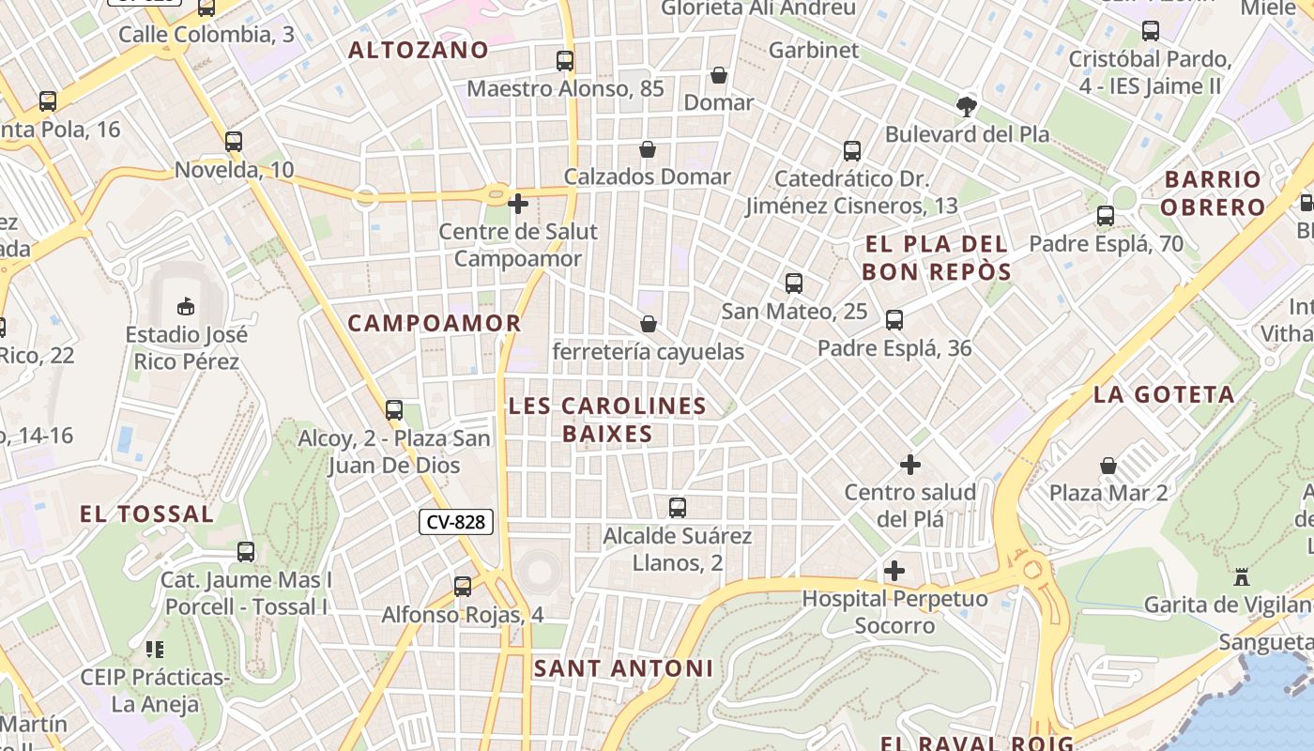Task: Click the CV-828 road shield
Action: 455,522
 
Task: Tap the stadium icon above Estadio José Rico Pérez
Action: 186,306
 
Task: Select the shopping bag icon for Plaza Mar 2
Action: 1108,466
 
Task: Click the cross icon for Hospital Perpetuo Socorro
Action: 894,570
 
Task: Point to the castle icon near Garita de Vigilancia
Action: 1242,576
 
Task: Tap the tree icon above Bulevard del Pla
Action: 966,106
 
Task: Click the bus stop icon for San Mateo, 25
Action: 793,284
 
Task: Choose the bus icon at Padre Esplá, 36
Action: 894,320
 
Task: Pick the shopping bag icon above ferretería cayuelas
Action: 648,324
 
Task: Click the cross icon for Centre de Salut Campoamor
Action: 517,203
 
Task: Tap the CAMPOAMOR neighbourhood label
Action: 434,323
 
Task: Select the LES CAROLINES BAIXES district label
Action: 607,420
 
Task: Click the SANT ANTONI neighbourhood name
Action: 623,668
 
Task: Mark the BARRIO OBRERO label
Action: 1214,192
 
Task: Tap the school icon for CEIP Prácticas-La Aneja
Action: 155,649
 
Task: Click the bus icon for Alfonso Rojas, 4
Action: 463,587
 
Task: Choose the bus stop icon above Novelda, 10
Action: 234,142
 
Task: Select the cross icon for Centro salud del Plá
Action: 909,464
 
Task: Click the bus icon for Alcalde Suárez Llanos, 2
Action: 677,508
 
